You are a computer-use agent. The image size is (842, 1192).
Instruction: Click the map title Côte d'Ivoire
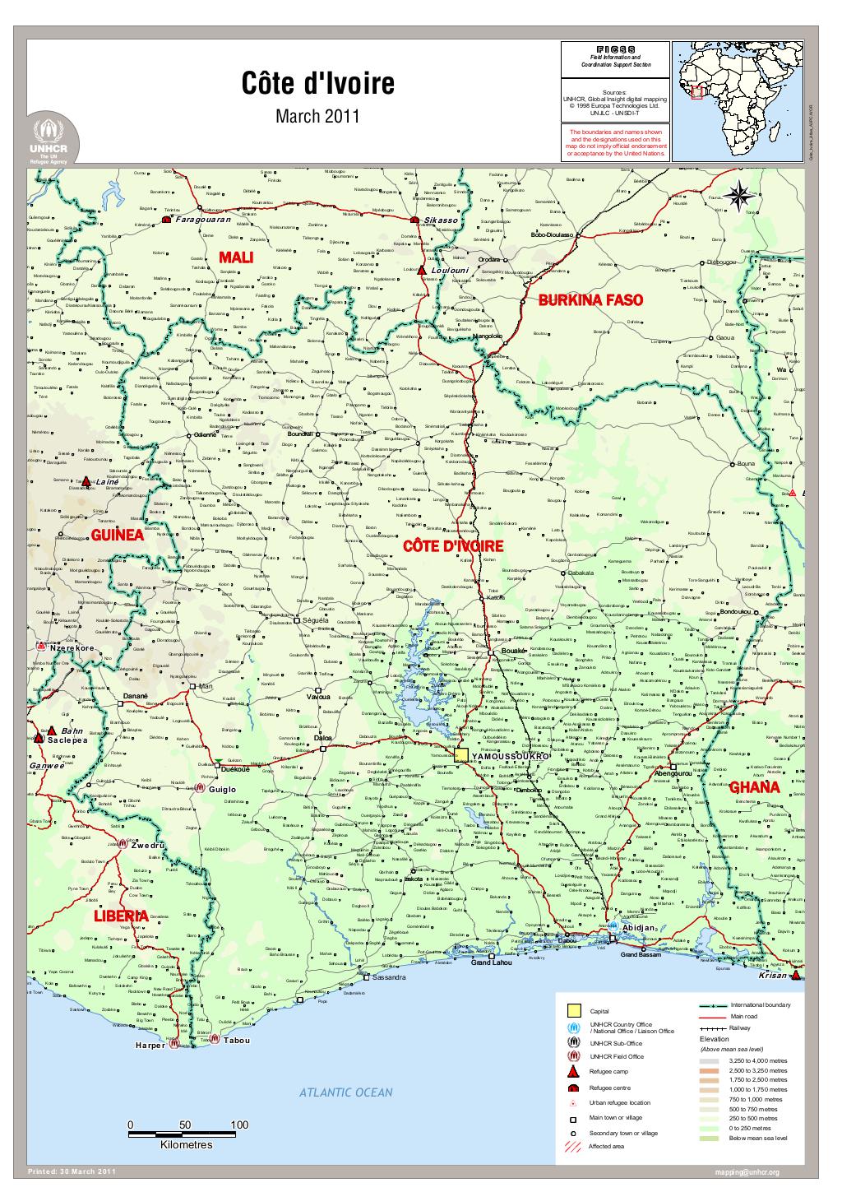click(317, 83)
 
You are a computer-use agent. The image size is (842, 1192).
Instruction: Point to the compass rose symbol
click(739, 193)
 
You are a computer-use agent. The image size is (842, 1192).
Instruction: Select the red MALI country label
click(234, 258)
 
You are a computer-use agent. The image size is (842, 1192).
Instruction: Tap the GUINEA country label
click(118, 535)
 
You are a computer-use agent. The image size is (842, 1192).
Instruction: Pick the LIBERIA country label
click(120, 916)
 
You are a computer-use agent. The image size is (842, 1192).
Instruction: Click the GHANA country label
click(754, 787)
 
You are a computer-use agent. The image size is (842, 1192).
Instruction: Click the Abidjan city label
click(638, 927)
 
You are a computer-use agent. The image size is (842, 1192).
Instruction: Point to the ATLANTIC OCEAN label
click(345, 1092)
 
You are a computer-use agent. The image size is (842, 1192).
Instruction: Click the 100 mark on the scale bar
click(239, 1125)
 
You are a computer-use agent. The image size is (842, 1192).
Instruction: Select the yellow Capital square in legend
click(573, 1009)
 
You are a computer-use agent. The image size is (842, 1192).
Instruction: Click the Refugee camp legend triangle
click(573, 1072)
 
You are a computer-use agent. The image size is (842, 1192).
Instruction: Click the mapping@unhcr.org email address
click(747, 1171)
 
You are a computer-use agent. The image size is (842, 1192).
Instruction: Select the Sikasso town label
click(441, 220)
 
